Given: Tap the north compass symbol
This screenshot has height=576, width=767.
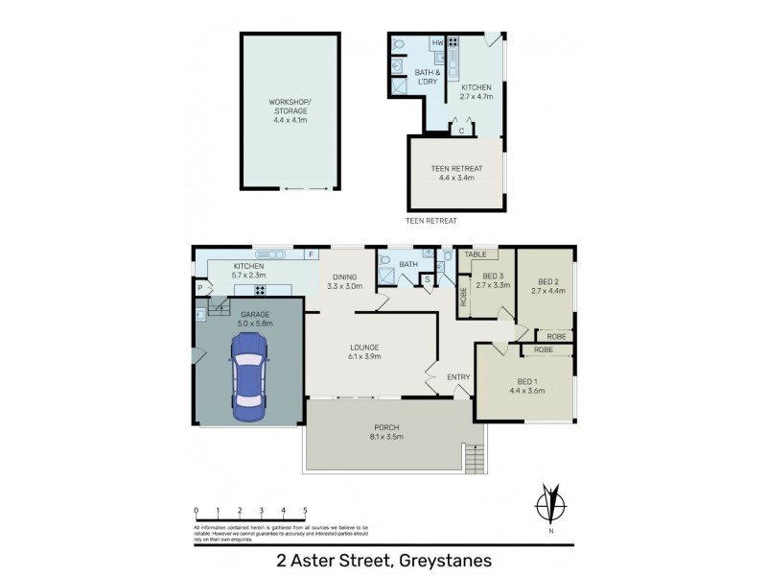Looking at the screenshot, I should point(549,506).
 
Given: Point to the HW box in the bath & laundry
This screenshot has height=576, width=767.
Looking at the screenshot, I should point(437,43).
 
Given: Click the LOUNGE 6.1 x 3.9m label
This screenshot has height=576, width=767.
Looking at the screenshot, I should point(364,351).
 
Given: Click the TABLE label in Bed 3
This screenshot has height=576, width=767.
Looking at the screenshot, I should point(476,254).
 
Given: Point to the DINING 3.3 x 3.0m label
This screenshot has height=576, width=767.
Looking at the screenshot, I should point(345,281).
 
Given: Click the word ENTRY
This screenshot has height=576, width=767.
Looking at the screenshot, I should point(458,377).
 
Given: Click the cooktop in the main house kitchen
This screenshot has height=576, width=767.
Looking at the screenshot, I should point(260,290).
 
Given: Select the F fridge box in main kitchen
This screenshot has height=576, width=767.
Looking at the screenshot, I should point(311,254).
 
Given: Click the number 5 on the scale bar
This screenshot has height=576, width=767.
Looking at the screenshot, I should point(305,511).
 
